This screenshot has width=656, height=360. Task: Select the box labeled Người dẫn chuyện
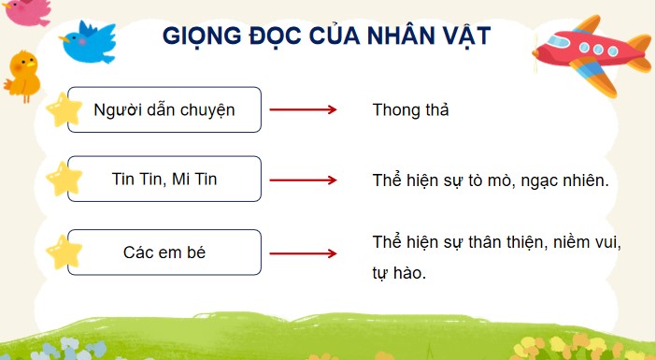pos(164,109)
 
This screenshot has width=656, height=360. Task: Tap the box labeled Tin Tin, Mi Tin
pos(164,180)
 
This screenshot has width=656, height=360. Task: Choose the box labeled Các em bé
pos(164,252)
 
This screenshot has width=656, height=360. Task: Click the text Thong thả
pos(411,110)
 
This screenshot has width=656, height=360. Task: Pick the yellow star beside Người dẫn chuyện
pos(64,109)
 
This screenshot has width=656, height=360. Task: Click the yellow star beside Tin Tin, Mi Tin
pos(64,179)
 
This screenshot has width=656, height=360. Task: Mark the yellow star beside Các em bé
pos(64,252)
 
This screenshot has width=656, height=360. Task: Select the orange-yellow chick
pos(22,74)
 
